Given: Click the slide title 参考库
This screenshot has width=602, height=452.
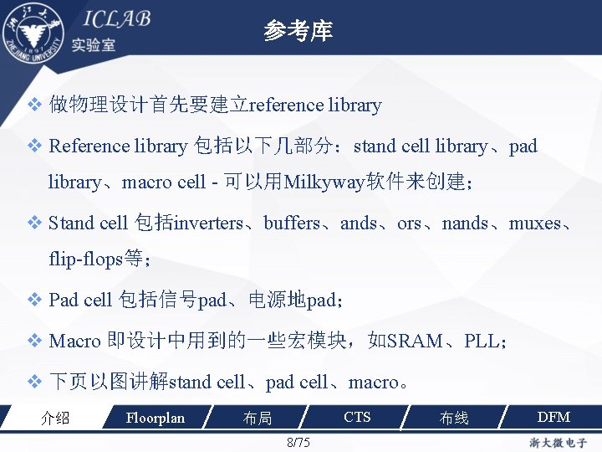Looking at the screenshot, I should [298, 32].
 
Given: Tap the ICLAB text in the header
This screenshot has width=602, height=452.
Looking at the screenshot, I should [116, 19].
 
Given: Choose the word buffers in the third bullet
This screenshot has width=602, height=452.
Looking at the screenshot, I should [292, 223].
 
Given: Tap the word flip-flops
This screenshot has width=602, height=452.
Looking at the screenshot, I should [85, 259].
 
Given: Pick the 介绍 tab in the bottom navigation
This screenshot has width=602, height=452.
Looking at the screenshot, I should [55, 418].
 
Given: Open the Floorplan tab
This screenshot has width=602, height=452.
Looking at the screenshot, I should [155, 418].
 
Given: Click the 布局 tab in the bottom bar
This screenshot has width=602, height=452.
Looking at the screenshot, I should [257, 418].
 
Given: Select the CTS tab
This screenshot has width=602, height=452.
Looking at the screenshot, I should [357, 417].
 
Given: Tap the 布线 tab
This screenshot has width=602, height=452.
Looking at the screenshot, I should [454, 418].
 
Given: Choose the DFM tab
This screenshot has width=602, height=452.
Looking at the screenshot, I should [553, 417].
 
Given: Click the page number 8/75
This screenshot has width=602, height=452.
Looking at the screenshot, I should [298, 442].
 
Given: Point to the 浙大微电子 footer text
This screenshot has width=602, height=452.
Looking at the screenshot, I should [557, 442].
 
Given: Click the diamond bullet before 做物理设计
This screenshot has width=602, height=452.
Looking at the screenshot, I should [34, 105].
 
